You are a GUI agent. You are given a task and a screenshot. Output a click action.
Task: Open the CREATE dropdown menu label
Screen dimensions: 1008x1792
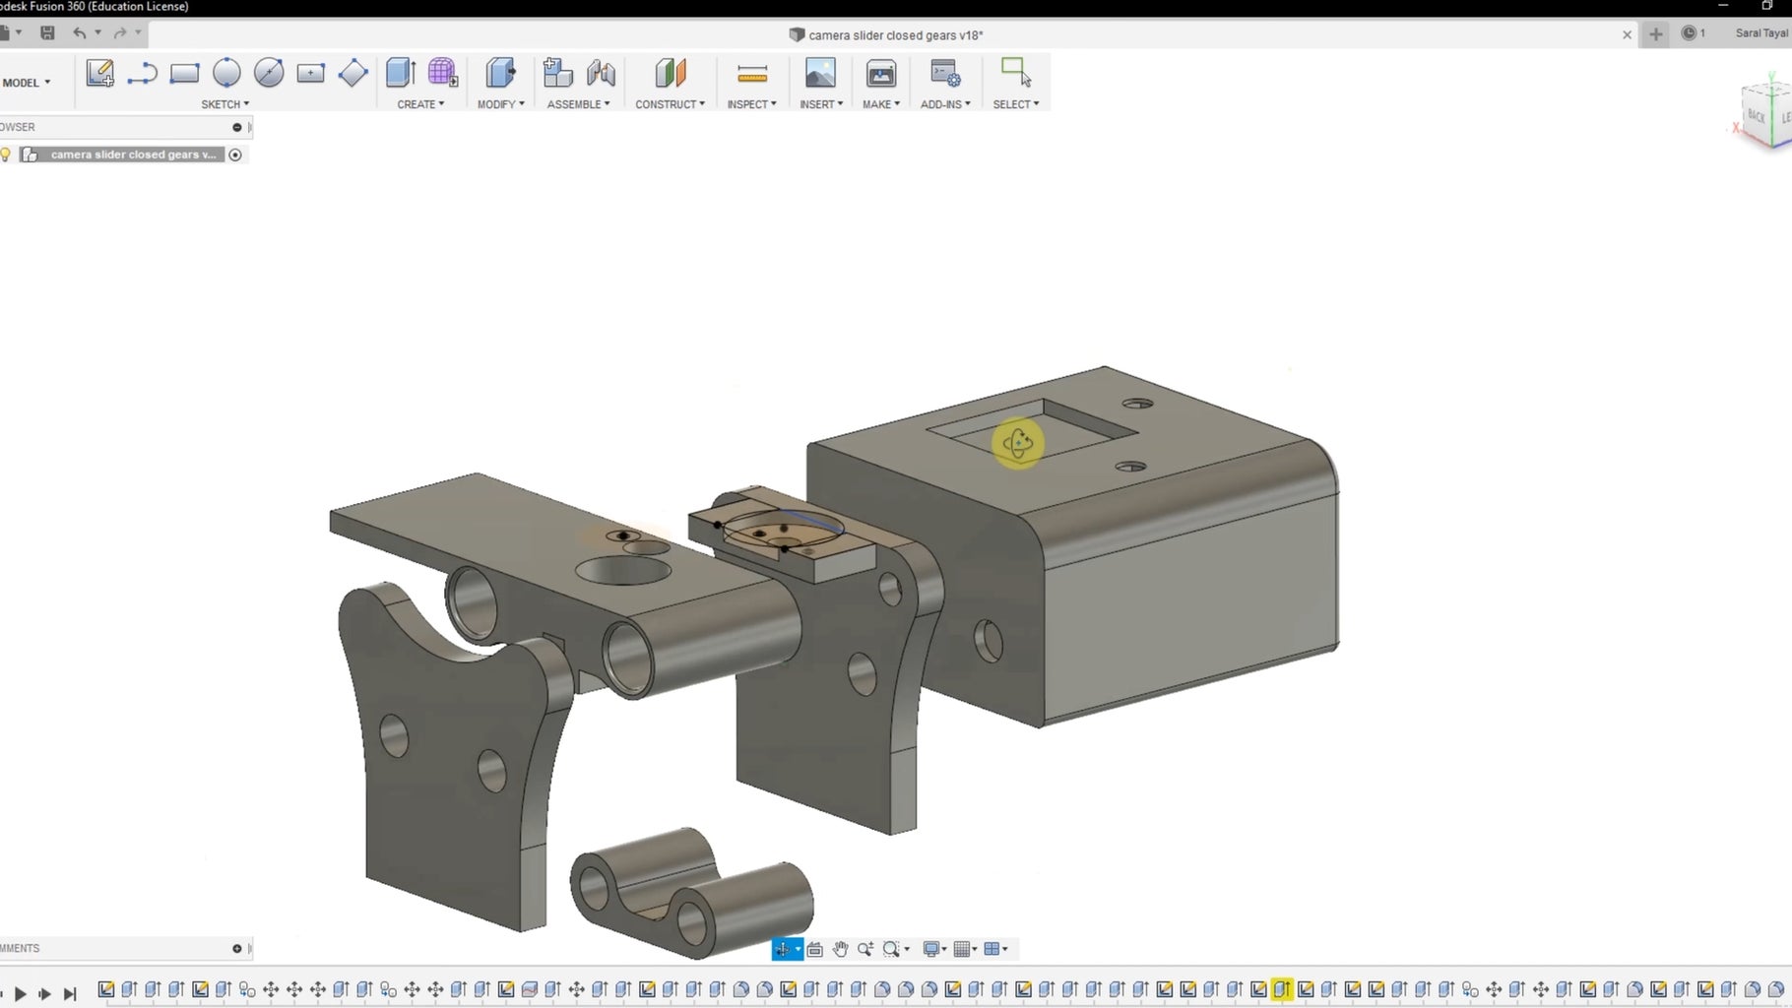[420, 104]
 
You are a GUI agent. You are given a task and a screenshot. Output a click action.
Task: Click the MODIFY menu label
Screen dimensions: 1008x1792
[500, 104]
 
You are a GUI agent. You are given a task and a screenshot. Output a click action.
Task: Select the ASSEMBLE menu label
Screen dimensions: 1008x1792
[578, 104]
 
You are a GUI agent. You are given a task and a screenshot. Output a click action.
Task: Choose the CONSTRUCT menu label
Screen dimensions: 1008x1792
[670, 104]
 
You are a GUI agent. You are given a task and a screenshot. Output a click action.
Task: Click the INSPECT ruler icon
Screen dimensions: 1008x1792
[751, 74]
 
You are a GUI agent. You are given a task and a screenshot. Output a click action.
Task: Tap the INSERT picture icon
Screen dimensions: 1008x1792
[820, 74]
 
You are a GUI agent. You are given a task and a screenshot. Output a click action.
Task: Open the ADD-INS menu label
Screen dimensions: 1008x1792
[945, 104]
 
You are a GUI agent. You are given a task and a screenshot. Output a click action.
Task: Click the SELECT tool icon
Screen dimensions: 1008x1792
[1015, 74]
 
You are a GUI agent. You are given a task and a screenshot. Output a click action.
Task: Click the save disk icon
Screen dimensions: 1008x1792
[47, 32]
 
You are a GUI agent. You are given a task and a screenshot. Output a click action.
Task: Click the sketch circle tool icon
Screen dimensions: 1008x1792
[226, 73]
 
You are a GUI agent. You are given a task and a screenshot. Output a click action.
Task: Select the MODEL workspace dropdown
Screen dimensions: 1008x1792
[27, 83]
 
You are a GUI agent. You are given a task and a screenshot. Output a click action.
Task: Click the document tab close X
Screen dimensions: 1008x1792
[1627, 34]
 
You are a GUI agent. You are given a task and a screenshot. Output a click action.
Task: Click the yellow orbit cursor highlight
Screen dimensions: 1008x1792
[1018, 444]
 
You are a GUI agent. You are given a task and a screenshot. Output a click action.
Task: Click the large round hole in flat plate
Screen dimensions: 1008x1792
[622, 570]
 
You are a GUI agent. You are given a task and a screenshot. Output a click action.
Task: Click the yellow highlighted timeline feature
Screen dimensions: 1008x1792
[1281, 989]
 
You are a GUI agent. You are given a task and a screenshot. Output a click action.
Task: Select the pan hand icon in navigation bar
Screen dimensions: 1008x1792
[840, 949]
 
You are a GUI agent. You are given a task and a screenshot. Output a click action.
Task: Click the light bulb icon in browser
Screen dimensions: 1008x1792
[6, 155]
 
